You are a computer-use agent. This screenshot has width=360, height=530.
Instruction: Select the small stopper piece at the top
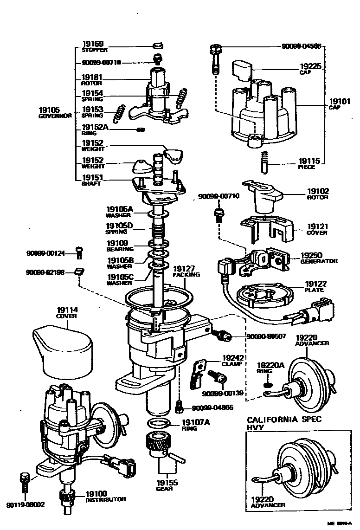159,45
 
